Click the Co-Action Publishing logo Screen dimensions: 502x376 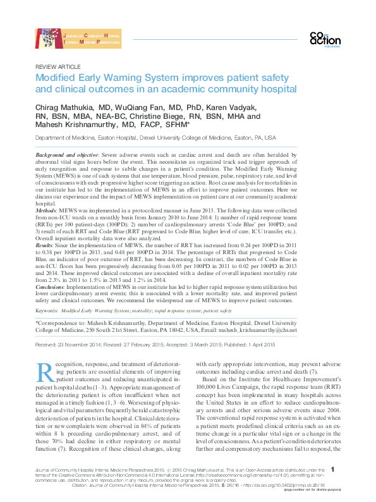tap(325, 39)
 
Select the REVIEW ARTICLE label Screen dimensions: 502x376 tap(58, 66)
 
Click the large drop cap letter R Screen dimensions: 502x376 tap(46, 373)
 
